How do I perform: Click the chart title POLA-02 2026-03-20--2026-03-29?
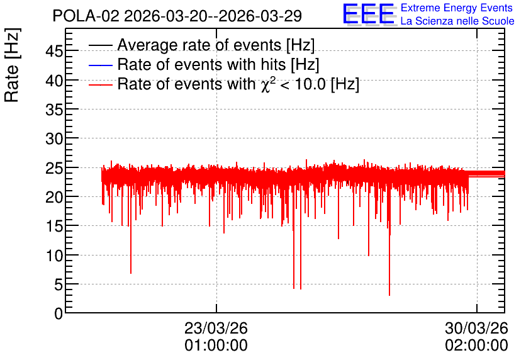(177, 16)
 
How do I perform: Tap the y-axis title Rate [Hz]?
(12, 65)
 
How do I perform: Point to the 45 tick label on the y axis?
(54, 52)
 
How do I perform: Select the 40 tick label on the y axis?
(54, 81)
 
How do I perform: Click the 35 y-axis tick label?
(54, 110)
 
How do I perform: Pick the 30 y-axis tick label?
(54, 138)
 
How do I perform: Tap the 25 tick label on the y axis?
(54, 168)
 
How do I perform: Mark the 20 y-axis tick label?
(54, 197)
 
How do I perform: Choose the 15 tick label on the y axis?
(54, 227)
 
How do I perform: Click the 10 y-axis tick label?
(54, 256)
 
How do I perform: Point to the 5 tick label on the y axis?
(59, 285)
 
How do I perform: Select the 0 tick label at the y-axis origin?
(59, 314)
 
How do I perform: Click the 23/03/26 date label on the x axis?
(216, 328)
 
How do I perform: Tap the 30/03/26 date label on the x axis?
(477, 328)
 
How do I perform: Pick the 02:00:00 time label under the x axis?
(477, 346)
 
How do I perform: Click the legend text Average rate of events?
(199, 45)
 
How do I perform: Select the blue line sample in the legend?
(100, 65)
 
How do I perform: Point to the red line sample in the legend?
(100, 84)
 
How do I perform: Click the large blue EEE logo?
(368, 14)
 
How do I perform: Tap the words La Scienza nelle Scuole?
(457, 21)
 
